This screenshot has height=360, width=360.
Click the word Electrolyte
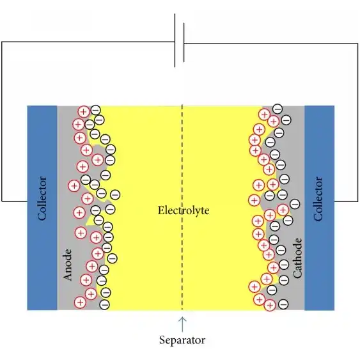[184, 210]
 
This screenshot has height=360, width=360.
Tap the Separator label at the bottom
[182, 340]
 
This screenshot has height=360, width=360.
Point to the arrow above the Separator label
[182, 324]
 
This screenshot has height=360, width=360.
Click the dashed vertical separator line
[182, 208]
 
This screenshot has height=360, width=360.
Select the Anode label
[68, 265]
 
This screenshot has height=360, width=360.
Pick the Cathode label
[297, 258]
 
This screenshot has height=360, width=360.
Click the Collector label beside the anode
[42, 199]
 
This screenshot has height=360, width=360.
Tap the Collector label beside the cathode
[318, 199]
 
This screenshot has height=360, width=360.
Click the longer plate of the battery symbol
[175, 40]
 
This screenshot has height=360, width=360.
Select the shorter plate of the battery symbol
[184, 42]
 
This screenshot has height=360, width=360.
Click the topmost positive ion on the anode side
[84, 112]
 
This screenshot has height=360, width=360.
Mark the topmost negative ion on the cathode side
[278, 109]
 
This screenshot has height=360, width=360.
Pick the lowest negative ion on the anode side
[105, 304]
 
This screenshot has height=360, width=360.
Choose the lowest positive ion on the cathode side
[270, 305]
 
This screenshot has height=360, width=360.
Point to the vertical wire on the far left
[2, 121]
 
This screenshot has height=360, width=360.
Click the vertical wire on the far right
[357, 122]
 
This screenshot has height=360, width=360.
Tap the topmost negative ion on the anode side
[96, 110]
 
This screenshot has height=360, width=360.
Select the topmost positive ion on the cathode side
[265, 114]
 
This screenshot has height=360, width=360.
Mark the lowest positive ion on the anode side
[80, 302]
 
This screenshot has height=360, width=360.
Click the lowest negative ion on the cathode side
[283, 304]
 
